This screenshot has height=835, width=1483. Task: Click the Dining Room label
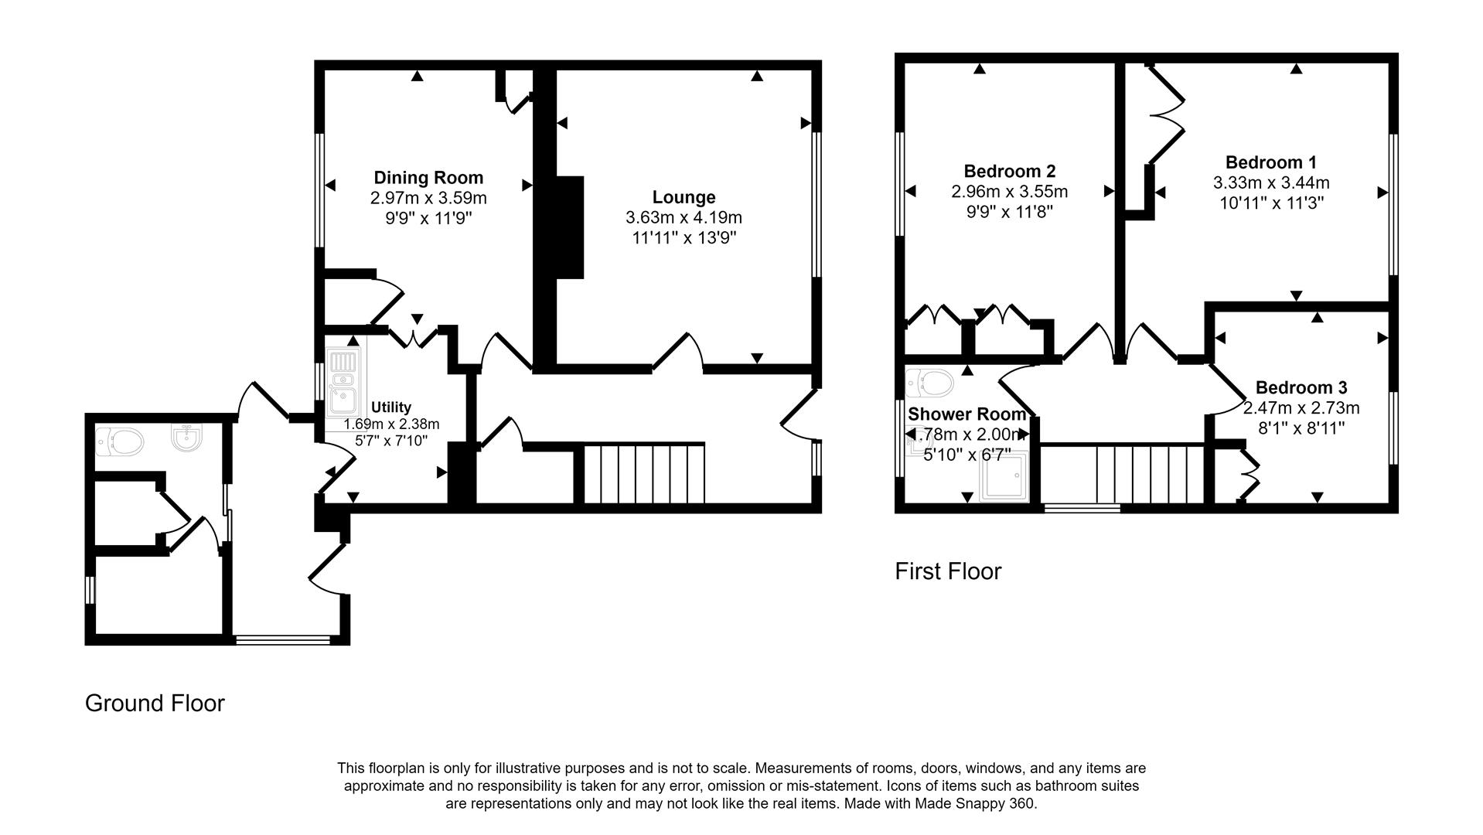coord(428,178)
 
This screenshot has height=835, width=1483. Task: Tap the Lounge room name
coord(684,197)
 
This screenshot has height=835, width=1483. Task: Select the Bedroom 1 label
coord(1270,162)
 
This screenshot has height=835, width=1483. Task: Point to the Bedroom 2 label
coord(1009,171)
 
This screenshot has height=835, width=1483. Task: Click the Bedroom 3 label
coord(1301,387)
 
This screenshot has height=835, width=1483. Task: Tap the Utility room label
coord(391,407)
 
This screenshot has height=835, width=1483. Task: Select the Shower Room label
coord(967,414)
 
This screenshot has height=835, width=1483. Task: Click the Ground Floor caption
coord(155,703)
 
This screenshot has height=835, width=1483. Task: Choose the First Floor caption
coord(947,571)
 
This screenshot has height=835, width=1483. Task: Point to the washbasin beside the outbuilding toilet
coord(186,438)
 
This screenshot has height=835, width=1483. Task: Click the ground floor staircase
coord(643,473)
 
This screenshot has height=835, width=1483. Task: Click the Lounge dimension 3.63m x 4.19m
coord(684,218)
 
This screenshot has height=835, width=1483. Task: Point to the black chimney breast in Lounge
coord(570,227)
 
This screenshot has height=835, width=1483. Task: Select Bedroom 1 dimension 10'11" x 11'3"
coord(1270,203)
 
